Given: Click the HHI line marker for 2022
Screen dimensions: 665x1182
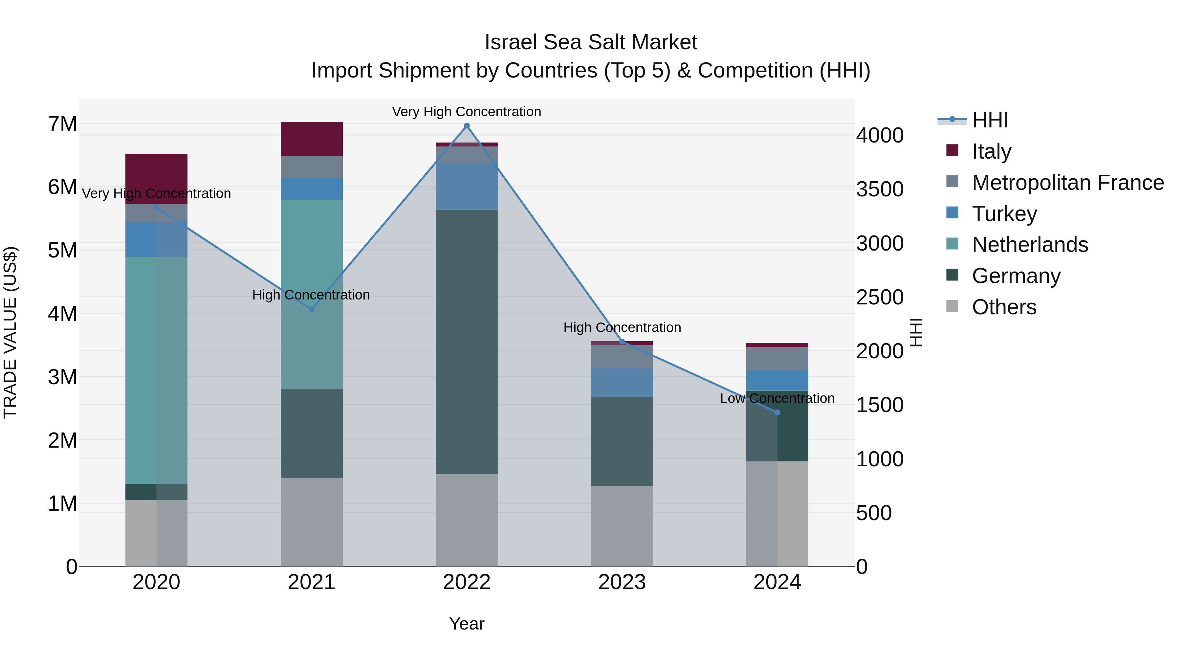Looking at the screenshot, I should tap(467, 126).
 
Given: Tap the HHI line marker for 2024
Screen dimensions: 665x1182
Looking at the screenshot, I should tap(777, 412).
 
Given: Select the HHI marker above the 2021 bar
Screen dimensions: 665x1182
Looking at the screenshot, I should tap(312, 309).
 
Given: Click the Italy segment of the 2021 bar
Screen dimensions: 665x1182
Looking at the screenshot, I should tap(312, 139).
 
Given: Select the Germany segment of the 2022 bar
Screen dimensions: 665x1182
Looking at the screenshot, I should tap(467, 342).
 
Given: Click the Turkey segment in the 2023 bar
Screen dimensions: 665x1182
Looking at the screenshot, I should tap(622, 382).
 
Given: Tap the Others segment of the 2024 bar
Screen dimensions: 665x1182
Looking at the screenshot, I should tap(777, 514).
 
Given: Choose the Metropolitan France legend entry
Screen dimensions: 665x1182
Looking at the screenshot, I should tap(1067, 183).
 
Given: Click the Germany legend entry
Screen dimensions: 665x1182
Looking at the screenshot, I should tap(1016, 276).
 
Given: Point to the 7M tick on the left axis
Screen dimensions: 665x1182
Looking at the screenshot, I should tap(63, 124).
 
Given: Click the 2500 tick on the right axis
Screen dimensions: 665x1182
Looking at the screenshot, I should tap(880, 298).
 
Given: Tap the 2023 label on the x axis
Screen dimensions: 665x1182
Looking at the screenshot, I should tap(622, 582).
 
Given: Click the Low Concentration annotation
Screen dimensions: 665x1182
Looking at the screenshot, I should tap(777, 398).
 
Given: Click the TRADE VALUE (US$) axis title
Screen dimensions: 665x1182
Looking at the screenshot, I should tap(10, 332).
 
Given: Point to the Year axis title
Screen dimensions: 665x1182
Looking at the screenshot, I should tap(467, 624).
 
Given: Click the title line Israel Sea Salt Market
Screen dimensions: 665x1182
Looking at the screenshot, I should tap(591, 42).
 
